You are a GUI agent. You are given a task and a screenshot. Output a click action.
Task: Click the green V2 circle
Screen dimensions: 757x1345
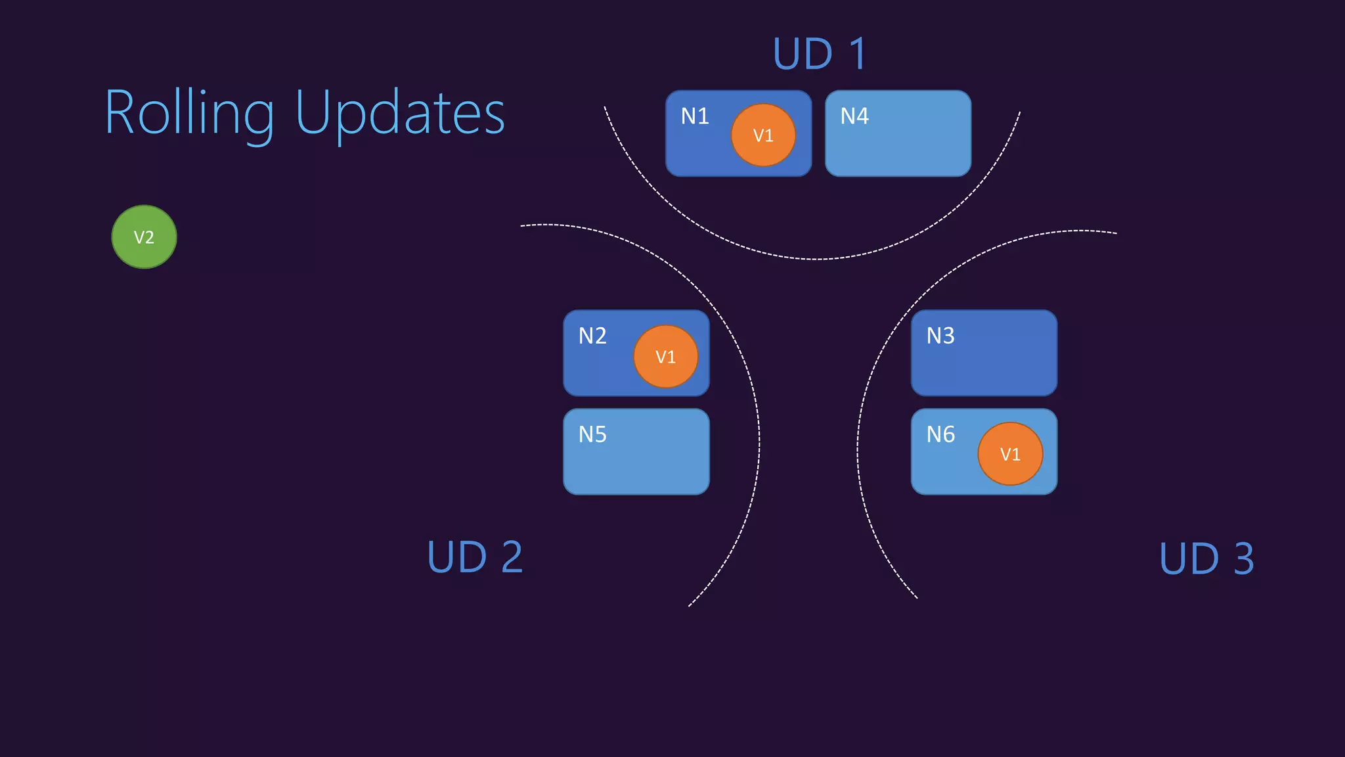pos(144,237)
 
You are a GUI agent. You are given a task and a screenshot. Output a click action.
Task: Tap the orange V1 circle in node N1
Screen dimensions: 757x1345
pos(763,135)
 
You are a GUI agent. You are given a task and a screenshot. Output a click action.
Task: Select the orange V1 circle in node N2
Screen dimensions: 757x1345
pos(665,357)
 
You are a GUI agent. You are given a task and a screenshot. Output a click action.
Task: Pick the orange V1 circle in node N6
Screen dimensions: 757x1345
pos(1010,454)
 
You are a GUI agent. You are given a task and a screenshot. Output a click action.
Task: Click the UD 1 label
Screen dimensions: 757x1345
pos(820,54)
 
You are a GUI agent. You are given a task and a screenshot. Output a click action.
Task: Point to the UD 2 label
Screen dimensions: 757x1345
pos(475,557)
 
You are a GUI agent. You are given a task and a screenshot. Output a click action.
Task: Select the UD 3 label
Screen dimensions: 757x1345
pos(1206,559)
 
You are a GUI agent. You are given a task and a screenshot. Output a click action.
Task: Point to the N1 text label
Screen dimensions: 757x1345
pos(695,116)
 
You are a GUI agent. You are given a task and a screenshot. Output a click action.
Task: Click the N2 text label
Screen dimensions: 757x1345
pos(592,336)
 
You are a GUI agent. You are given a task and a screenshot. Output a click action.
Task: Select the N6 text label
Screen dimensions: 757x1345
pos(940,434)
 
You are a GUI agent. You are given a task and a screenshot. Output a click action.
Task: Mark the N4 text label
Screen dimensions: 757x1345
pos(854,116)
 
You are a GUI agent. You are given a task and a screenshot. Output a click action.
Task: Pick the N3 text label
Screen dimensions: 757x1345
pos(940,336)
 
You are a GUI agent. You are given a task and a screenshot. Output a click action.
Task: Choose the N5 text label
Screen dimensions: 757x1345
pos(592,434)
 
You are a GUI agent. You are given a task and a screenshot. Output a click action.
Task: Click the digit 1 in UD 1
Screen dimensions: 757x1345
pos(858,54)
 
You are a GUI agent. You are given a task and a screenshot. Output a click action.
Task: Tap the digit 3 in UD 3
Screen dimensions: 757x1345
pos(1243,559)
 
